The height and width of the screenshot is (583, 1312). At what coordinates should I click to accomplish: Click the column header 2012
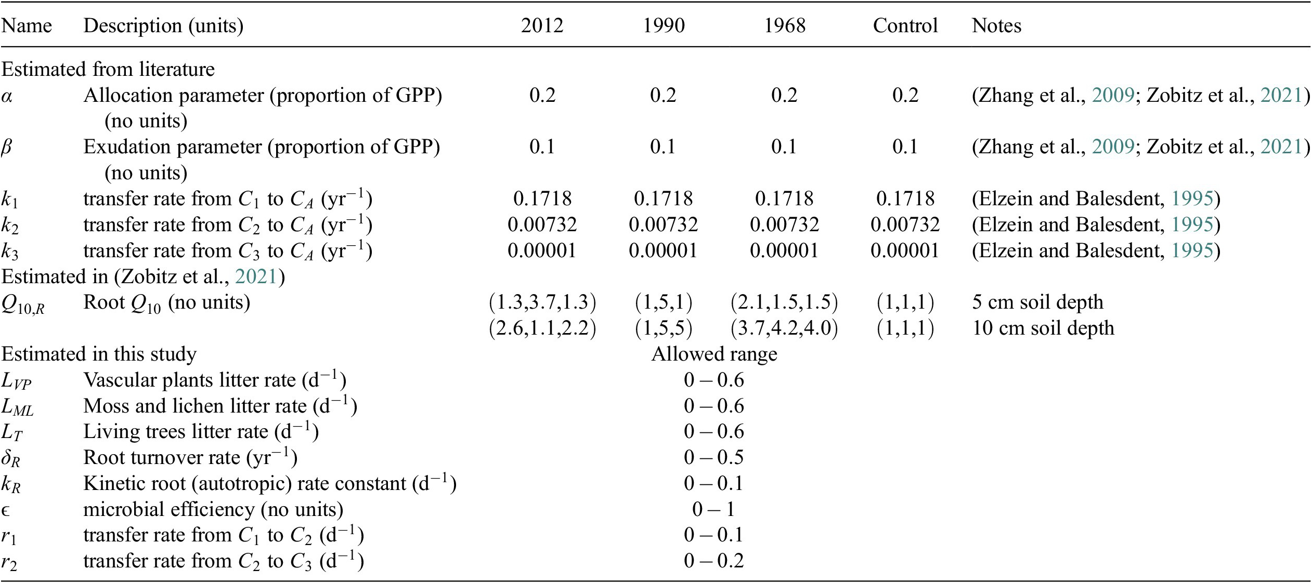542,25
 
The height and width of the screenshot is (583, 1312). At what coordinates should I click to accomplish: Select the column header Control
905,25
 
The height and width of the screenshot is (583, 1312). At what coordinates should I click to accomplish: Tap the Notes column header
996,25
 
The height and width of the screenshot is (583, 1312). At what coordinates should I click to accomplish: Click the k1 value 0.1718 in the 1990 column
663,198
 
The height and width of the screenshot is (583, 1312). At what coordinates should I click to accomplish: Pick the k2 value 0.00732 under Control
905,224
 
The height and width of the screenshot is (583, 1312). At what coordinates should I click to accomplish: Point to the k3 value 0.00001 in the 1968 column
784,250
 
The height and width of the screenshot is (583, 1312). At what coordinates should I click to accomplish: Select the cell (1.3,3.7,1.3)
542,302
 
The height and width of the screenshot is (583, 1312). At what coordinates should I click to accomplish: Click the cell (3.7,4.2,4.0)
784,328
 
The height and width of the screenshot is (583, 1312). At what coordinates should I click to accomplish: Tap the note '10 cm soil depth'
1043,328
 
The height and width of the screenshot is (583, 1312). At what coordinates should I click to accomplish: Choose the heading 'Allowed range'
714,354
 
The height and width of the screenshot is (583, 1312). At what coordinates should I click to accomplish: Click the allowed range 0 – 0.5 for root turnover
714,458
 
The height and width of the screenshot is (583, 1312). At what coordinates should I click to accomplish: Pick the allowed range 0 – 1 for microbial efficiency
714,509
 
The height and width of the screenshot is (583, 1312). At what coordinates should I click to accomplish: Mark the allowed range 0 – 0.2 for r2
714,561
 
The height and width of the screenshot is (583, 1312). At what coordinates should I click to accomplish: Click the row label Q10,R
23,304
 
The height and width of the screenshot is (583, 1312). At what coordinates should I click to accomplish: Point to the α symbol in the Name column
7,96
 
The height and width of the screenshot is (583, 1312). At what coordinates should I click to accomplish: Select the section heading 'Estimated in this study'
99,354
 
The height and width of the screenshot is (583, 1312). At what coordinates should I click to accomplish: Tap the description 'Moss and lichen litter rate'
194,406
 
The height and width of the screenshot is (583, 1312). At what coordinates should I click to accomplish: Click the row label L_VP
17,382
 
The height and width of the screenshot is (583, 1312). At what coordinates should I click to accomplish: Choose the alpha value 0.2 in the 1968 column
784,95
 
